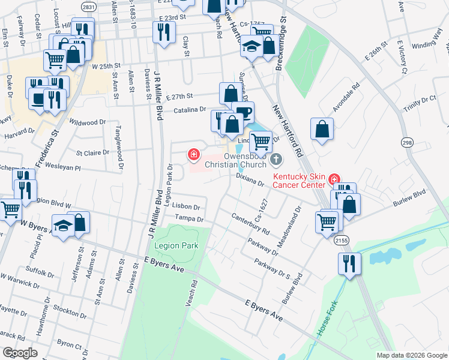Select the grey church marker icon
pyautogui.click(x=276, y=159)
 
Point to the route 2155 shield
pyautogui.click(x=342, y=240)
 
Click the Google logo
pyautogui.click(x=20, y=352)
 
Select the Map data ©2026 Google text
pyautogui.click(x=412, y=355)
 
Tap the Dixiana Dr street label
pyautogui.click(x=250, y=179)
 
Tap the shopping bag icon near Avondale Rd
pyautogui.click(x=322, y=128)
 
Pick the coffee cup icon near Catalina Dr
pyautogui.click(x=243, y=112)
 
